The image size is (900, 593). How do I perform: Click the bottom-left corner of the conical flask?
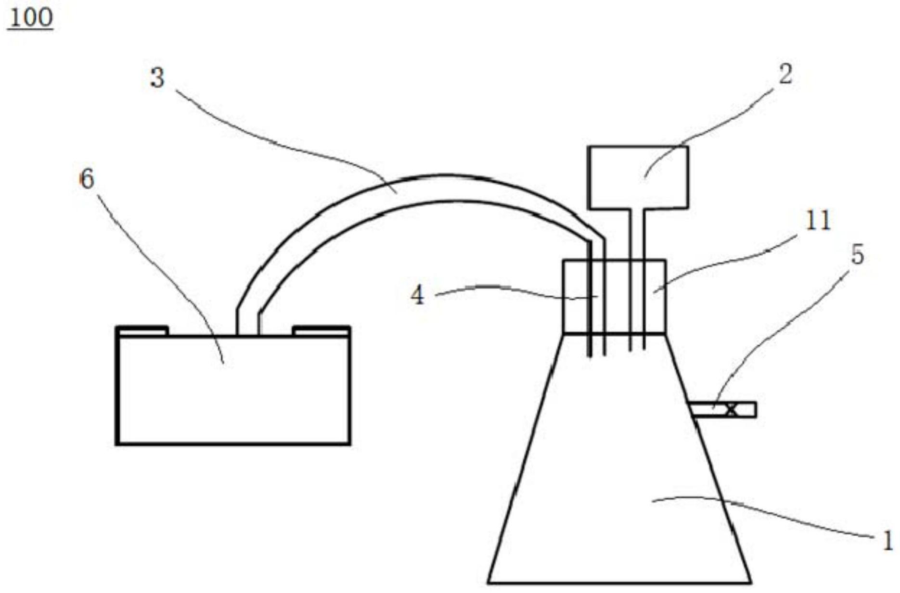(488, 583)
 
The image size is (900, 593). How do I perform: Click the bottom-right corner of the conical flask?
(751, 583)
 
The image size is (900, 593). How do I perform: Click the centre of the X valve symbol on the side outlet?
(731, 410)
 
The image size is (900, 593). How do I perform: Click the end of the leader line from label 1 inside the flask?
(652, 501)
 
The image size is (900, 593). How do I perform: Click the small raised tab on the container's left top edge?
(142, 331)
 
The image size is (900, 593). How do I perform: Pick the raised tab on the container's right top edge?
(321, 331)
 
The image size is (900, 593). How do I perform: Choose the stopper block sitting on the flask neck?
(615, 296)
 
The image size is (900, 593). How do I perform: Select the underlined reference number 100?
(31, 19)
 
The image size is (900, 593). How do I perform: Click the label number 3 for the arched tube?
(157, 78)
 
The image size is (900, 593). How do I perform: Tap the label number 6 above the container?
(87, 180)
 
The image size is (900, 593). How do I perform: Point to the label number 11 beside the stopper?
(818, 221)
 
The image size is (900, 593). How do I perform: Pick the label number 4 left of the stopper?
(418, 295)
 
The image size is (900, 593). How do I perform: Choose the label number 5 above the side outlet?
(858, 255)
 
